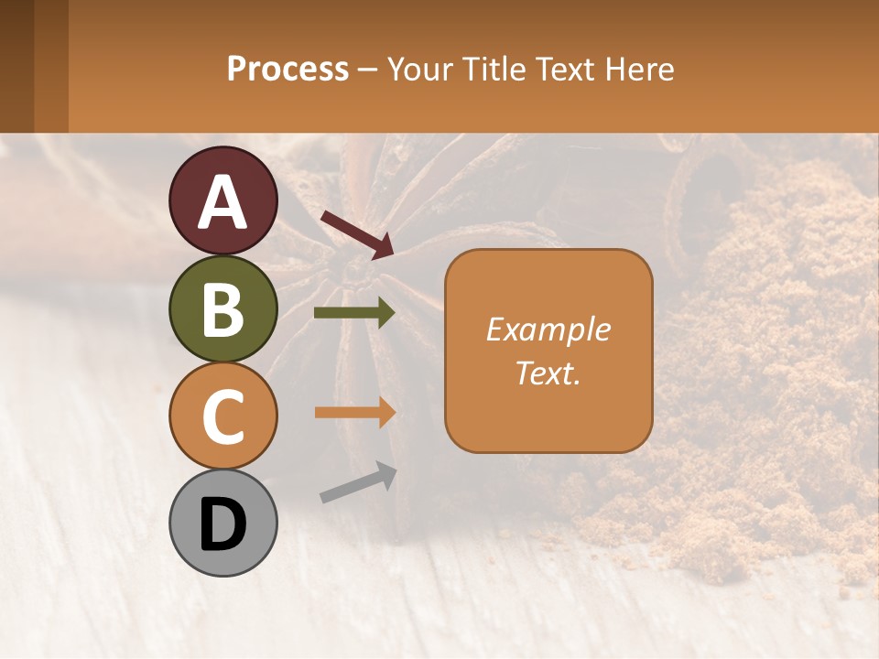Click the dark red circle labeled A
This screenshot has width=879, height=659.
[x=222, y=200]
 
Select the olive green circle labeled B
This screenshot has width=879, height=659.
[x=222, y=308]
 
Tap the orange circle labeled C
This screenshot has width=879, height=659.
[x=222, y=416]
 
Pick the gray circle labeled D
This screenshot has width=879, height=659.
[x=222, y=523]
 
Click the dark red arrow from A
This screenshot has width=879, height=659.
[x=357, y=234]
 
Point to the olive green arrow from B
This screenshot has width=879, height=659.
[x=354, y=313]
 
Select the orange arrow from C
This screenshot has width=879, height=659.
[x=354, y=413]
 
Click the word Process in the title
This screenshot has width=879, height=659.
[x=288, y=69]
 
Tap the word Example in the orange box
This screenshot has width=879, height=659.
[x=548, y=329]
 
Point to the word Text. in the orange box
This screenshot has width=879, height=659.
[x=548, y=373]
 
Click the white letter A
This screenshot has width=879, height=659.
[x=222, y=202]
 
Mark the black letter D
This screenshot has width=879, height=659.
[x=222, y=524]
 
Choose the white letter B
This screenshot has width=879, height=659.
[x=222, y=309]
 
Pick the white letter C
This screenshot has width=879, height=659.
[x=222, y=416]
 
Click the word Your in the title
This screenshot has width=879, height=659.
[x=419, y=69]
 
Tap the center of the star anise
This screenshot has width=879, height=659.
[x=348, y=265]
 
